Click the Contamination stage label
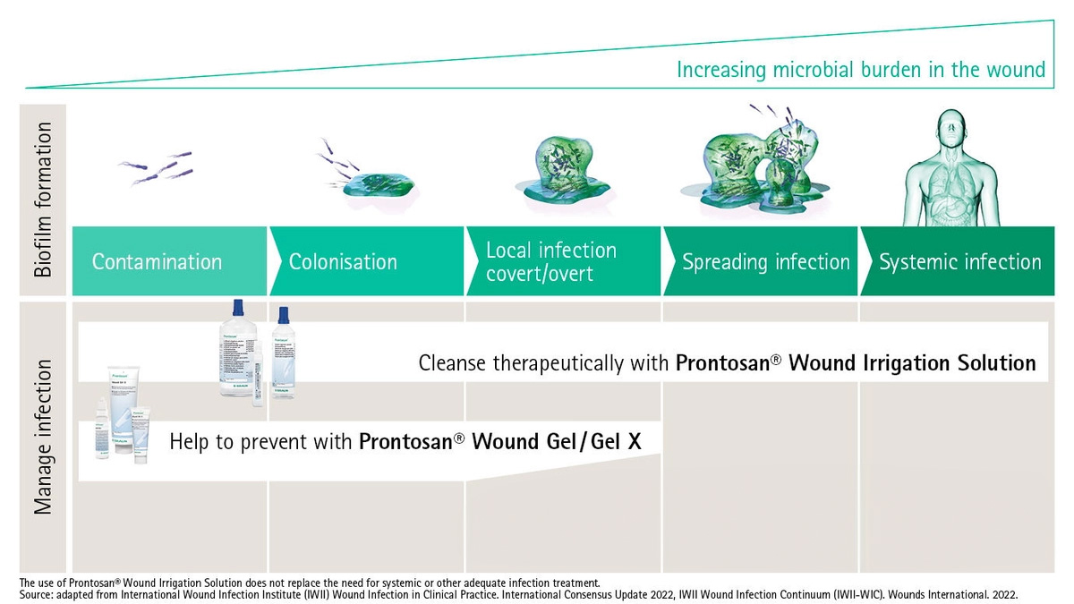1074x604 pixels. (157, 262)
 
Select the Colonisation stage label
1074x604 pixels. (343, 262)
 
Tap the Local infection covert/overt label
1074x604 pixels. (551, 261)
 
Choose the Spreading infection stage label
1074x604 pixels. (765, 262)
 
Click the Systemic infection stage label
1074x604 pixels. (959, 262)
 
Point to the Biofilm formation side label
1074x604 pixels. (43, 200)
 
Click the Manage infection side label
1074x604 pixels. (43, 437)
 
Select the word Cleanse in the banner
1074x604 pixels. (452, 363)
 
